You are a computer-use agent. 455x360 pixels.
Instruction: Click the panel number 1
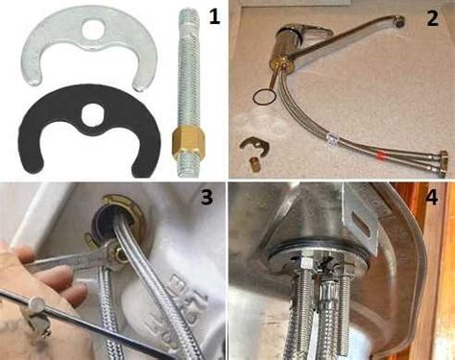coord(214,15)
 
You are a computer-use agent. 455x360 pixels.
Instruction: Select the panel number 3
coord(206,196)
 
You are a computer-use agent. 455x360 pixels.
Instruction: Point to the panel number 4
coord(432,196)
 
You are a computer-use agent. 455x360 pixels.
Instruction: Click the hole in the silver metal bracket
coord(92,29)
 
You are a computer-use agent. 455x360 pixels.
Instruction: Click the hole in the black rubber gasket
coord(92,114)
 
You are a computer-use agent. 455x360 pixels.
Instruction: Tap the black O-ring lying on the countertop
coord(264,96)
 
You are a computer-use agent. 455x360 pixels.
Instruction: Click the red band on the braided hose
coord(380,155)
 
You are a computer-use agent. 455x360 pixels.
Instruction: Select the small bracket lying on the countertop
coord(252,145)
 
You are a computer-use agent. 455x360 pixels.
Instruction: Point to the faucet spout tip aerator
coord(399,23)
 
